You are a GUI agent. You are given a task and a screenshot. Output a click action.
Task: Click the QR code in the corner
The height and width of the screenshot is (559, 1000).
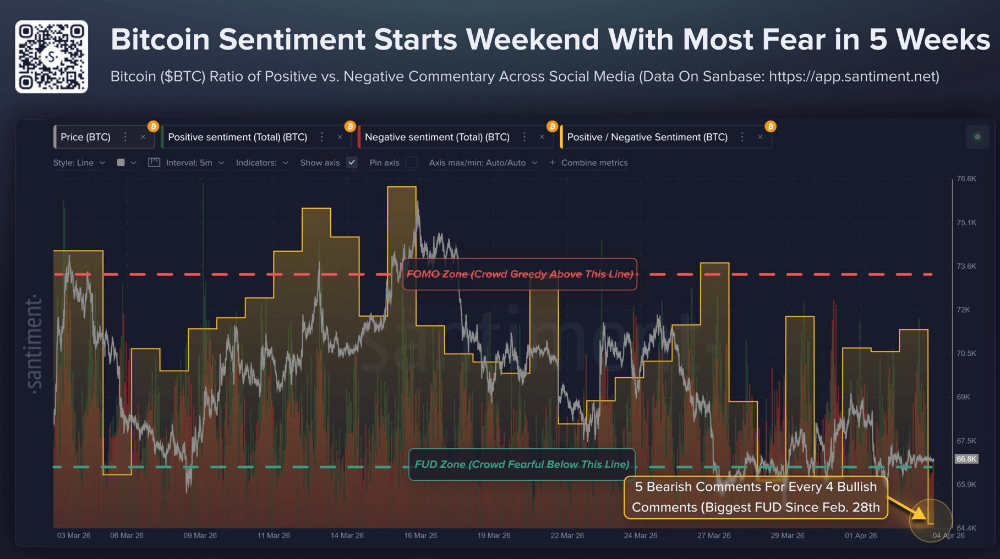(51, 57)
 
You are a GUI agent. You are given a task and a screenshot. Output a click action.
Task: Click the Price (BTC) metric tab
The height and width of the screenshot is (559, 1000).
(86, 137)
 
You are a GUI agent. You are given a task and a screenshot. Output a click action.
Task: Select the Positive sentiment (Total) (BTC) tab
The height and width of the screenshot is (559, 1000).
(237, 137)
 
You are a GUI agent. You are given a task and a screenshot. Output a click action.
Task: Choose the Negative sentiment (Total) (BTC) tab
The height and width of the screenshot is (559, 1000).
(437, 137)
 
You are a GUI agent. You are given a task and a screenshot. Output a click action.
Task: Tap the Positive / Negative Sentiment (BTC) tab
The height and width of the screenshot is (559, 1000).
(647, 137)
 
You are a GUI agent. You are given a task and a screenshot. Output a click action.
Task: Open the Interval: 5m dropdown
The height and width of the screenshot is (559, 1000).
(194, 163)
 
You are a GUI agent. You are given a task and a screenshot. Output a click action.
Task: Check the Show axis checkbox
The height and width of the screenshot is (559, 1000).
(352, 162)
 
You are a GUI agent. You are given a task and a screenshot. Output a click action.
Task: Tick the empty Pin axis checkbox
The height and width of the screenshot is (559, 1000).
(411, 162)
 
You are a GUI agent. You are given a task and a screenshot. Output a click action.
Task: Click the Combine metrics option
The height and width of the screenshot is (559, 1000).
(588, 163)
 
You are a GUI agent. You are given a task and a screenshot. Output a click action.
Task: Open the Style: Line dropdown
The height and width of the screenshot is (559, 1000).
(79, 163)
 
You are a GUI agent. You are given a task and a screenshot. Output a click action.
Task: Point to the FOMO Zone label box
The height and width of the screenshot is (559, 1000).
(520, 274)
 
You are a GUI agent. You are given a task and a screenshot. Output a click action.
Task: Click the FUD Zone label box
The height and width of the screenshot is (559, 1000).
(522, 464)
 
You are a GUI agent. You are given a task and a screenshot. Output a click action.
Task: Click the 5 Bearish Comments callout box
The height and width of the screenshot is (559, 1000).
(755, 497)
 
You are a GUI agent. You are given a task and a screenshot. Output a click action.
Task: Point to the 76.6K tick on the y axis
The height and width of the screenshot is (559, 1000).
(966, 178)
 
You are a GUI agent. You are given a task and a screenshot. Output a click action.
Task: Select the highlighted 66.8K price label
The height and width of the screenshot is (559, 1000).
(966, 459)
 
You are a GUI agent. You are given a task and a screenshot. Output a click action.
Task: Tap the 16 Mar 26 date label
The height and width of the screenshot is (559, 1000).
(420, 535)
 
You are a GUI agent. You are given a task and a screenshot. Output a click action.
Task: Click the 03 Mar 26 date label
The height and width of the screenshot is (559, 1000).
(74, 535)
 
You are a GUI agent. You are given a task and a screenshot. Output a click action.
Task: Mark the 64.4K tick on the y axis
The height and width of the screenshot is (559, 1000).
(966, 528)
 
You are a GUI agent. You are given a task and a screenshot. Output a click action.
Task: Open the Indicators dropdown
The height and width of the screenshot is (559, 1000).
(261, 163)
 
